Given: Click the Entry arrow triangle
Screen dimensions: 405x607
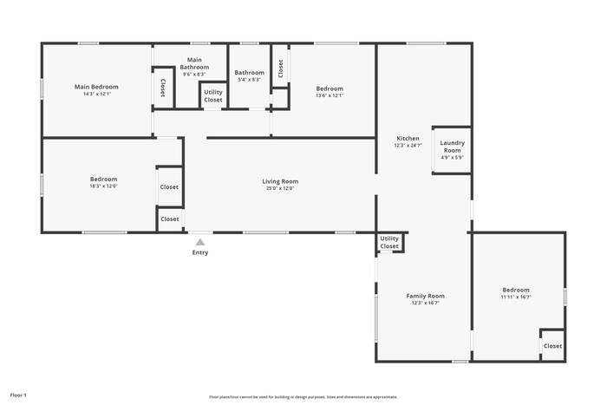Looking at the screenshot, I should tap(200, 243).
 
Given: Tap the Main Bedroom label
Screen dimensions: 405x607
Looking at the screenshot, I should tap(96, 87).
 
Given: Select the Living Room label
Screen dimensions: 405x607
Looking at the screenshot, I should tap(280, 181).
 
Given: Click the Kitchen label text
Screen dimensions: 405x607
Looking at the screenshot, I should tap(408, 139).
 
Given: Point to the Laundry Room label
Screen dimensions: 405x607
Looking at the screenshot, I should tap(452, 147).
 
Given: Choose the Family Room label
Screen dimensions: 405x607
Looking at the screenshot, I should tap(425, 296).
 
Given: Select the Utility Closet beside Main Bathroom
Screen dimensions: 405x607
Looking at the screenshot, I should tap(213, 96).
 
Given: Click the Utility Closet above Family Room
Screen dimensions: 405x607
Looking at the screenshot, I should tap(389, 242).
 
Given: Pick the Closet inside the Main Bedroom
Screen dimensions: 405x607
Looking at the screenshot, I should tap(163, 87).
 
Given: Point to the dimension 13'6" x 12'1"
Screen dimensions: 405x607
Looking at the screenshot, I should tap(329, 95).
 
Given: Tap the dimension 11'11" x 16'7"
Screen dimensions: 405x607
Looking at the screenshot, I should tap(515, 297).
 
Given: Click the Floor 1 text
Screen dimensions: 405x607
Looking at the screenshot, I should tap(18, 395).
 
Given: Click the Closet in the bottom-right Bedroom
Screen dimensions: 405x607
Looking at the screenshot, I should tap(552, 346).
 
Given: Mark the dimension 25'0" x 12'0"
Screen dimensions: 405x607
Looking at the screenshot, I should tap(280, 188).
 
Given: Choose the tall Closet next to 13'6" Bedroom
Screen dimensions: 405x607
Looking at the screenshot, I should tap(280, 68).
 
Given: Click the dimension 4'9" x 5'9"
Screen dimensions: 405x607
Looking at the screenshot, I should tap(452, 157).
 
